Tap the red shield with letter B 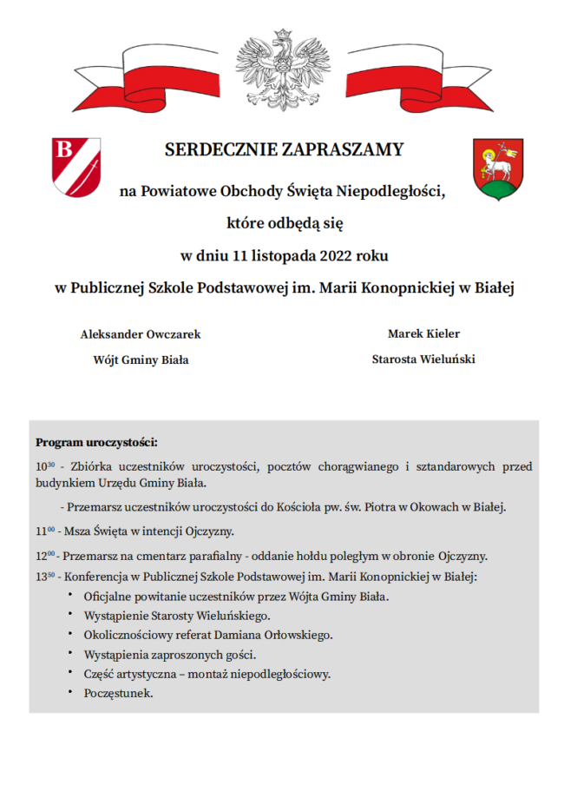[x=75, y=166]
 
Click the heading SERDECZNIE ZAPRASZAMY [x=284, y=149]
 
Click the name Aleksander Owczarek [x=141, y=334]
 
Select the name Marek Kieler [x=423, y=333]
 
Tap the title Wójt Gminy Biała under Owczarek [x=141, y=359]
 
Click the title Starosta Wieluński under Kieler [x=423, y=359]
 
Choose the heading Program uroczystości [x=95, y=442]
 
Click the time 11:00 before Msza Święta [x=45, y=531]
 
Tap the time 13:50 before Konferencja [x=45, y=577]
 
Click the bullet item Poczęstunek [x=118, y=694]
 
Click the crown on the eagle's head [x=281, y=36]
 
